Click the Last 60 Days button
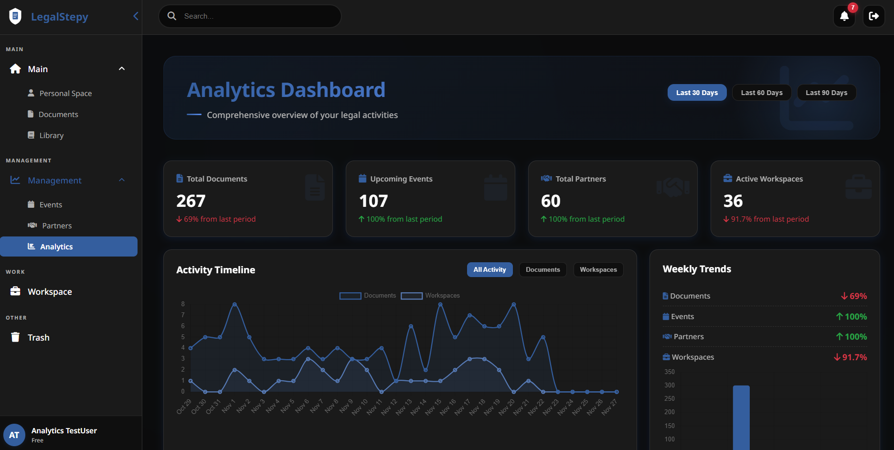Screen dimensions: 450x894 tap(761, 93)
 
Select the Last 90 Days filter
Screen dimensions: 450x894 tap(826, 93)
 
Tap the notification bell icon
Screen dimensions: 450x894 tap(844, 16)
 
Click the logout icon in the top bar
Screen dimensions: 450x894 tap(873, 16)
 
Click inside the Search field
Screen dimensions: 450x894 tap(258, 16)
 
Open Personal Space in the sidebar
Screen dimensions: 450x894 tap(65, 94)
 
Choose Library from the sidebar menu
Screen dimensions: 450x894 tap(51, 136)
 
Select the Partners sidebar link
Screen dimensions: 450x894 tap(57, 226)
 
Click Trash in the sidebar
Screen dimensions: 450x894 tap(38, 338)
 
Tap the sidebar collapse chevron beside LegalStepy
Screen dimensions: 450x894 tap(136, 16)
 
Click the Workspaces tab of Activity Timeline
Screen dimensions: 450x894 tap(598, 270)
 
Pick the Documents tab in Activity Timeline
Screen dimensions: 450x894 tap(543, 270)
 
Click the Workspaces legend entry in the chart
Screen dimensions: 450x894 tap(431, 296)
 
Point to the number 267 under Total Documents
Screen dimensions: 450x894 tap(191, 201)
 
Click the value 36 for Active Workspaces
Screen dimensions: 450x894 tap(733, 201)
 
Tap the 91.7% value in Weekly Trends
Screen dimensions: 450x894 tap(854, 357)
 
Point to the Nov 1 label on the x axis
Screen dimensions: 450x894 tap(229, 406)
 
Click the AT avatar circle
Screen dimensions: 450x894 tap(14, 435)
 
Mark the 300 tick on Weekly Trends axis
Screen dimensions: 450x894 tap(670, 386)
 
